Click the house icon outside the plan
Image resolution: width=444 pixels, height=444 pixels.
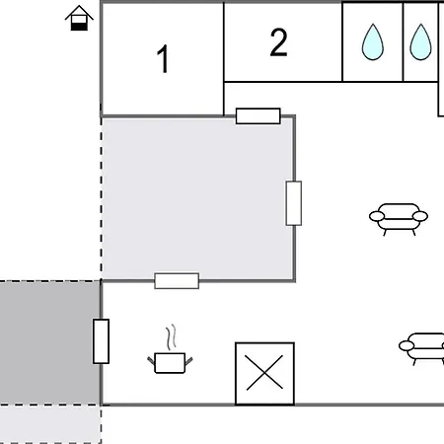click(79, 19)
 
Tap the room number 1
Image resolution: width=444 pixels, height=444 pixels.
click(163, 59)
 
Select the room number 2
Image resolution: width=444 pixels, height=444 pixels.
click(278, 42)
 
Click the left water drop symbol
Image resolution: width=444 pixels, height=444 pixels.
click(373, 41)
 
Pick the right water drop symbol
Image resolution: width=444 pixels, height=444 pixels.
click(420, 41)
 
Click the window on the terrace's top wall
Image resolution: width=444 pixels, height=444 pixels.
click(259, 115)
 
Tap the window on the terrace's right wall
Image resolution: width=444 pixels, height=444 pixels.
click(294, 203)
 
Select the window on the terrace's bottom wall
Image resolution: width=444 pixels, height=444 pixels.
click(177, 281)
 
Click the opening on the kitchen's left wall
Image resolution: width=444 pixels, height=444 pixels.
click(101, 341)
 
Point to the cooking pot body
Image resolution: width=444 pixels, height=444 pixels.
click(170, 363)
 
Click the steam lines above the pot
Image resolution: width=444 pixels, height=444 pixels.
click(171, 337)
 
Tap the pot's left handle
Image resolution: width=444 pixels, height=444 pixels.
click(151, 360)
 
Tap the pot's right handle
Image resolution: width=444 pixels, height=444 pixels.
click(188, 361)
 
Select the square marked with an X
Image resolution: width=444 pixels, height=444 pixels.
click(264, 374)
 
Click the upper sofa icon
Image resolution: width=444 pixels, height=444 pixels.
click(399, 219)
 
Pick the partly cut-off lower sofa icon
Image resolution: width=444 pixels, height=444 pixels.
click(421, 349)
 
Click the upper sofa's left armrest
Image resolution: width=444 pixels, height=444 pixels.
click(377, 216)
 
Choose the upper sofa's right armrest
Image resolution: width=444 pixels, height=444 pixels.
click(420, 216)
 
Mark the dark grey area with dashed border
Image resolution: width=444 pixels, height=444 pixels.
click(50, 342)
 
